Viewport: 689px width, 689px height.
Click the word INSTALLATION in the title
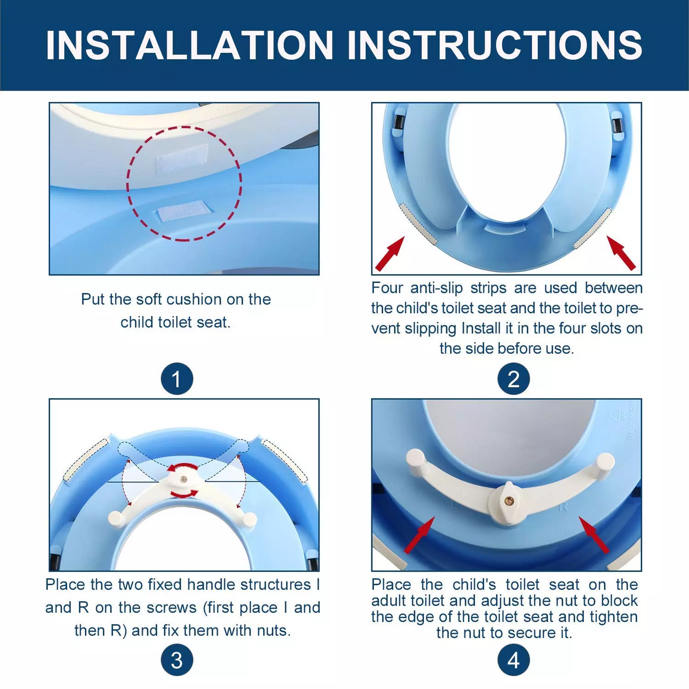tap(189, 45)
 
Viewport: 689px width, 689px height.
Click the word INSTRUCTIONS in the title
tap(495, 45)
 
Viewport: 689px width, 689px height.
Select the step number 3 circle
tap(176, 660)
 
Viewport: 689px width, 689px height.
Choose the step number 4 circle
tap(514, 660)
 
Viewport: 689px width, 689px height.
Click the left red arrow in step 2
tap(390, 253)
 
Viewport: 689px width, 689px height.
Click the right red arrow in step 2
tap(621, 252)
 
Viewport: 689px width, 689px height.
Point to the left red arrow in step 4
tap(420, 535)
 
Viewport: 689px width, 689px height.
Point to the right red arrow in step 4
tap(594, 535)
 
